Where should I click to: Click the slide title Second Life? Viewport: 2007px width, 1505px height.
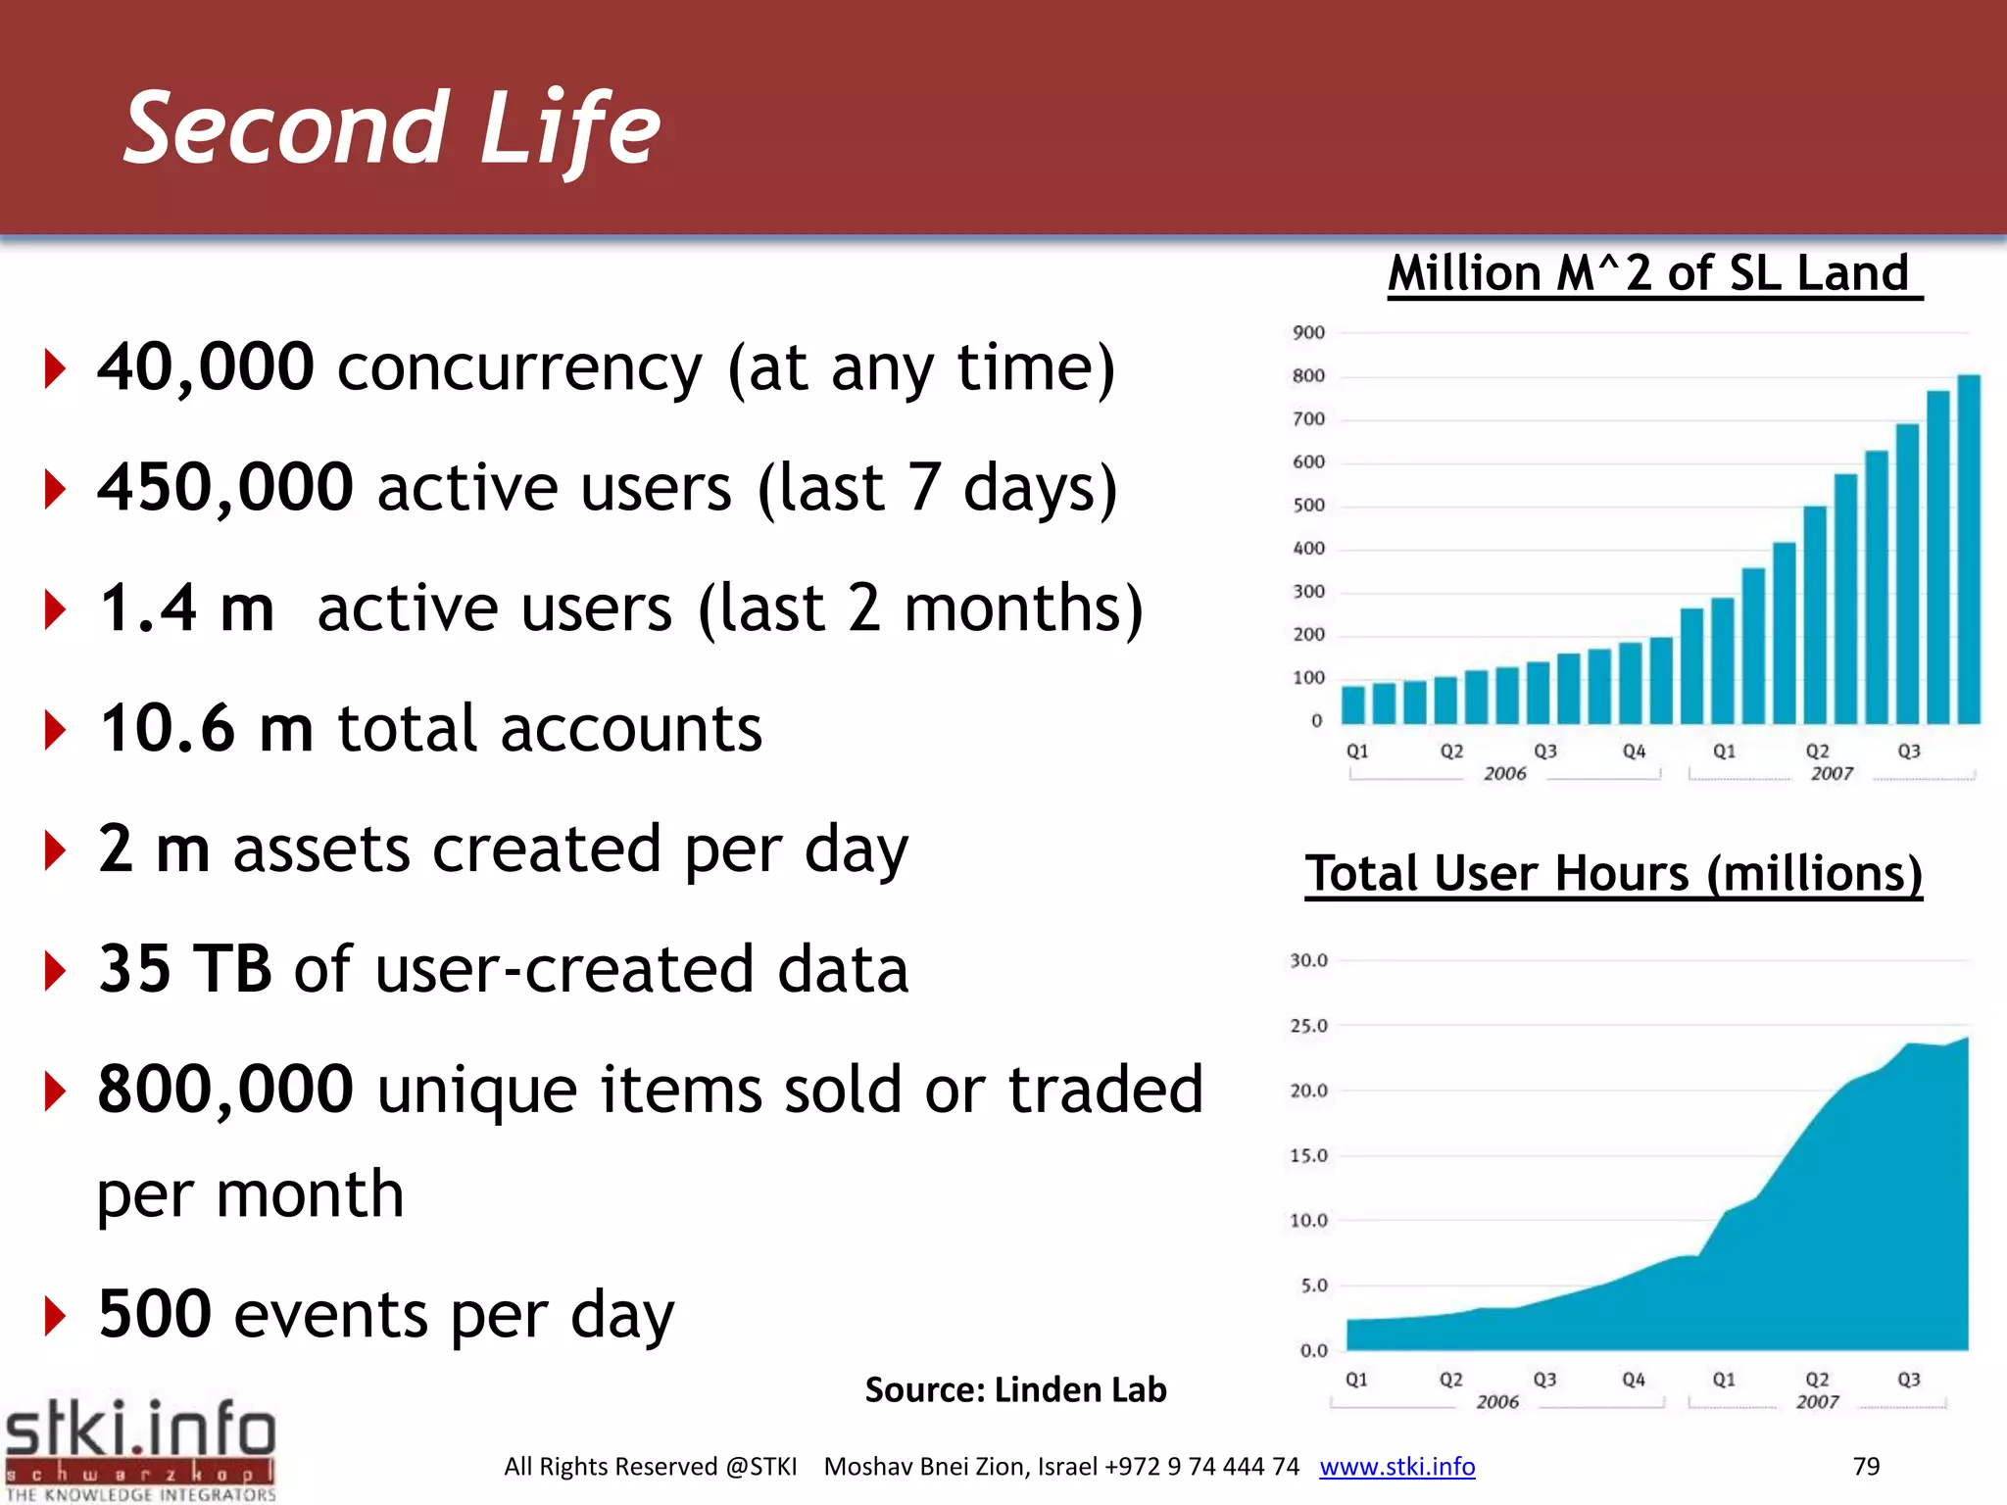point(392,127)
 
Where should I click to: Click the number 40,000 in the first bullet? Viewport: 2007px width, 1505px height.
point(206,367)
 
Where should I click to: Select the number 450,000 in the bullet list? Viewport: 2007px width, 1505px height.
point(225,487)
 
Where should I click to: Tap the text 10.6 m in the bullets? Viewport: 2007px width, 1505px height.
point(206,728)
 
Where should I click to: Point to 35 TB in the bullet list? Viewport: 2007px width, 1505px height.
point(185,969)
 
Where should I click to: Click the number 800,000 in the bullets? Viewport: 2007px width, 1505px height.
point(225,1089)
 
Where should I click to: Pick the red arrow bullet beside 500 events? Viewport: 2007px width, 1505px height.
point(56,1316)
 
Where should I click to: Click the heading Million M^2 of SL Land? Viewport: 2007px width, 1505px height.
point(1649,272)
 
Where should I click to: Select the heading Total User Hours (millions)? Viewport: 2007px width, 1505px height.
point(1613,873)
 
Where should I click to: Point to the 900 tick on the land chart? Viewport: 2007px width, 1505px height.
point(1308,333)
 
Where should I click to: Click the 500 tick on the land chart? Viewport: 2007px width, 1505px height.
point(1308,506)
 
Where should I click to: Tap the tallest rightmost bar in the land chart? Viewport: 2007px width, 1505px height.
point(1969,549)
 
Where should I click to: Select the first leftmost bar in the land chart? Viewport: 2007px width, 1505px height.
point(1353,704)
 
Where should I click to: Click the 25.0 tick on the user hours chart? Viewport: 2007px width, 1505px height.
point(1308,1026)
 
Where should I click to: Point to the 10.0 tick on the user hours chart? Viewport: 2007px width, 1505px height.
point(1308,1221)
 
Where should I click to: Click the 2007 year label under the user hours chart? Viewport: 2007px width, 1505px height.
point(1817,1402)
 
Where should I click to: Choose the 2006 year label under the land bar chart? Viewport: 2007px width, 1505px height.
point(1504,774)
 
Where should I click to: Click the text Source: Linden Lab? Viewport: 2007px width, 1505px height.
point(1015,1389)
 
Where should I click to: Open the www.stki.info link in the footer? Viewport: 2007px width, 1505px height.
point(1396,1467)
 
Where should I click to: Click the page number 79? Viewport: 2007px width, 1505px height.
point(1866,1467)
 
